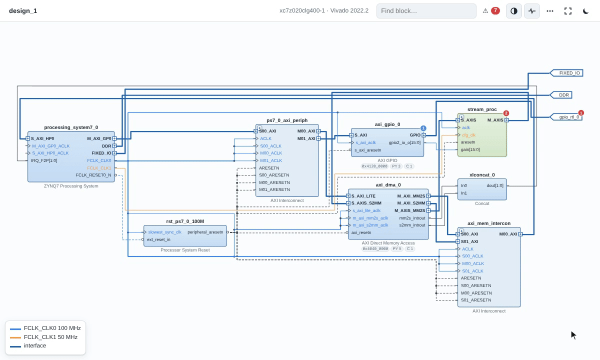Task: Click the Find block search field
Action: [x=426, y=10]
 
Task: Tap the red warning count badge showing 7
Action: [x=495, y=10]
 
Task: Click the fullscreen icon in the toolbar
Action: [x=568, y=11]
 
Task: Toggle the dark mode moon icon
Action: [x=586, y=11]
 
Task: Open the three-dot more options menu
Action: [x=550, y=11]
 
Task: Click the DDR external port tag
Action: [x=561, y=95]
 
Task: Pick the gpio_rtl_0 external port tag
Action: [x=566, y=117]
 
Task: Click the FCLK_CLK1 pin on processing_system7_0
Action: [x=99, y=168]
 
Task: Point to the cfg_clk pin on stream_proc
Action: [x=469, y=135]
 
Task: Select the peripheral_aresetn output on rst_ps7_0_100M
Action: [x=205, y=232]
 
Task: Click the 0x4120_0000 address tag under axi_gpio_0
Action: [x=374, y=166]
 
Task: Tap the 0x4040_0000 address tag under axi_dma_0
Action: [x=375, y=249]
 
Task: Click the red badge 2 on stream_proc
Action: [x=506, y=113]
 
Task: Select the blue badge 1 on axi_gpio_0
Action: [x=423, y=128]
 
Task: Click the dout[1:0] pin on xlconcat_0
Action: [x=495, y=185]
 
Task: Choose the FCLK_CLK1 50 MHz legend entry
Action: [x=50, y=337]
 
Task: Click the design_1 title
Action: [x=23, y=11]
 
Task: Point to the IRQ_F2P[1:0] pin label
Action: [x=44, y=160]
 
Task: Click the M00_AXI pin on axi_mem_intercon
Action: [x=508, y=234]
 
